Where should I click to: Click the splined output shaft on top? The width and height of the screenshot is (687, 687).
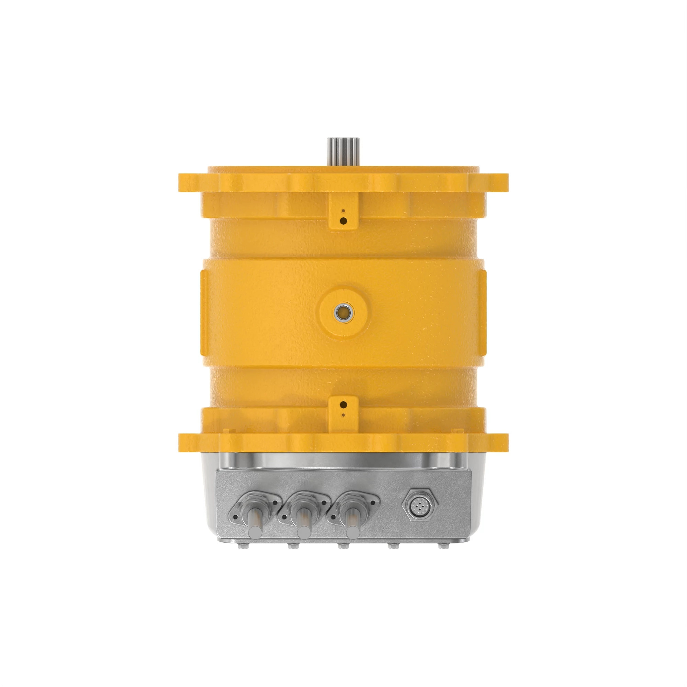click(x=343, y=151)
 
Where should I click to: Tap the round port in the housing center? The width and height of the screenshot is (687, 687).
click(x=343, y=312)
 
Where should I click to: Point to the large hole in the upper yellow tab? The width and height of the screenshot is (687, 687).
click(x=343, y=221)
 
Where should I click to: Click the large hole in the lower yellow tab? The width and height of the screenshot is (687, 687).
click(x=343, y=405)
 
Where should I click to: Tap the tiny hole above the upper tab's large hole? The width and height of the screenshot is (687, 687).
click(x=343, y=211)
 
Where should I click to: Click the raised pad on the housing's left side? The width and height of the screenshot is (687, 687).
click(x=205, y=312)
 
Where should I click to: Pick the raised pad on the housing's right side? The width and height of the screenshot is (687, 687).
click(x=482, y=312)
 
